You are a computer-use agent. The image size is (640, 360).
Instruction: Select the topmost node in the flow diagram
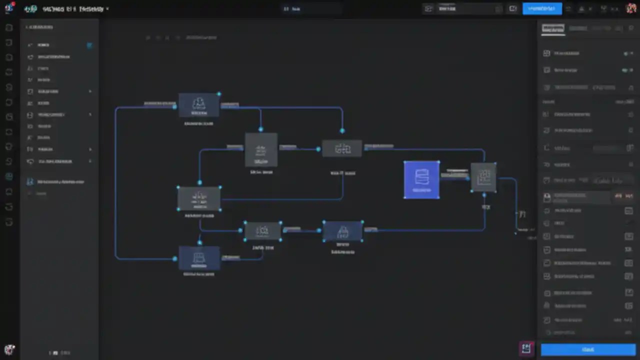coord(199,105)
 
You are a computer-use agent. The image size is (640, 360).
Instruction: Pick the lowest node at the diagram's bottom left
coord(199,258)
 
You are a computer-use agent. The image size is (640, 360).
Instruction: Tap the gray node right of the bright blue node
coord(483,177)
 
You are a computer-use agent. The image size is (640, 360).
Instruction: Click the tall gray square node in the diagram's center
coord(261,149)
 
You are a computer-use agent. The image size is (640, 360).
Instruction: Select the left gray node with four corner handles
coord(199,198)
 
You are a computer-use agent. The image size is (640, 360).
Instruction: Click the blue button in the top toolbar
coord(542,8)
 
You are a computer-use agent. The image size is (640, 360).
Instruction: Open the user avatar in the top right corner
coord(631,8)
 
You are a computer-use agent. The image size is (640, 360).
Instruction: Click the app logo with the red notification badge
coord(9,8)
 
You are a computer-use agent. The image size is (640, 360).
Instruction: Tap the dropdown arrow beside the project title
coord(107,9)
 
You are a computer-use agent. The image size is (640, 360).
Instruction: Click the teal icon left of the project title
coord(30,9)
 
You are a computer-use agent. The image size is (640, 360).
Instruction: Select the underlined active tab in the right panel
coord(552,28)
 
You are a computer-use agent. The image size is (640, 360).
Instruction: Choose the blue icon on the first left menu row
coord(89,45)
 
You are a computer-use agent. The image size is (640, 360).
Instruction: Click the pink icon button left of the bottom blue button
coord(526,348)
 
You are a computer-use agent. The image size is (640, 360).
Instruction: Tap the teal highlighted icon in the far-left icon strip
coord(9,176)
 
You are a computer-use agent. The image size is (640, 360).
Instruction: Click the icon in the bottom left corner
coord(9,349)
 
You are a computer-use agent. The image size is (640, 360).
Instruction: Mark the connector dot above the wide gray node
coord(342,131)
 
